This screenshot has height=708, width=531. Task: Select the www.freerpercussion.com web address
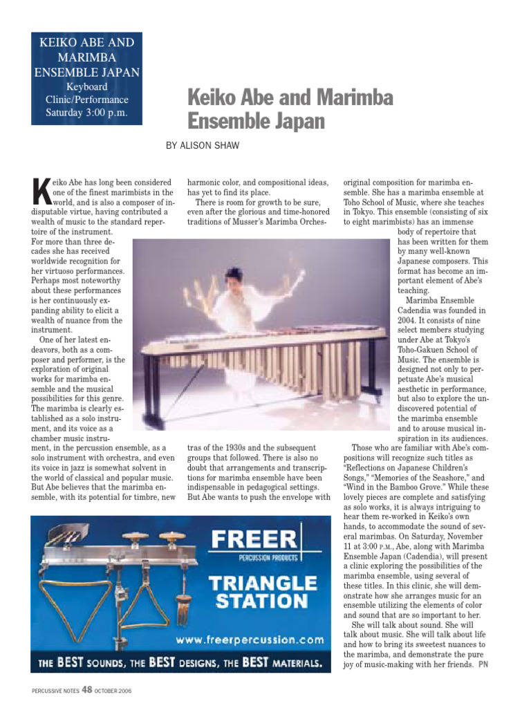(x=250, y=639)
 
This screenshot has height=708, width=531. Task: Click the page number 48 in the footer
(x=86, y=689)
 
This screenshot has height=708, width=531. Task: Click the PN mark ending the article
(x=483, y=665)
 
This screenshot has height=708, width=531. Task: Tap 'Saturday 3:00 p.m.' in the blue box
(x=86, y=113)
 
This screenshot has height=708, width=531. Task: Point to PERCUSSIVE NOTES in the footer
(x=56, y=690)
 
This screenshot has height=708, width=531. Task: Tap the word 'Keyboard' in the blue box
(x=86, y=87)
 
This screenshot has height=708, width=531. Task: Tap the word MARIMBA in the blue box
(x=86, y=57)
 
